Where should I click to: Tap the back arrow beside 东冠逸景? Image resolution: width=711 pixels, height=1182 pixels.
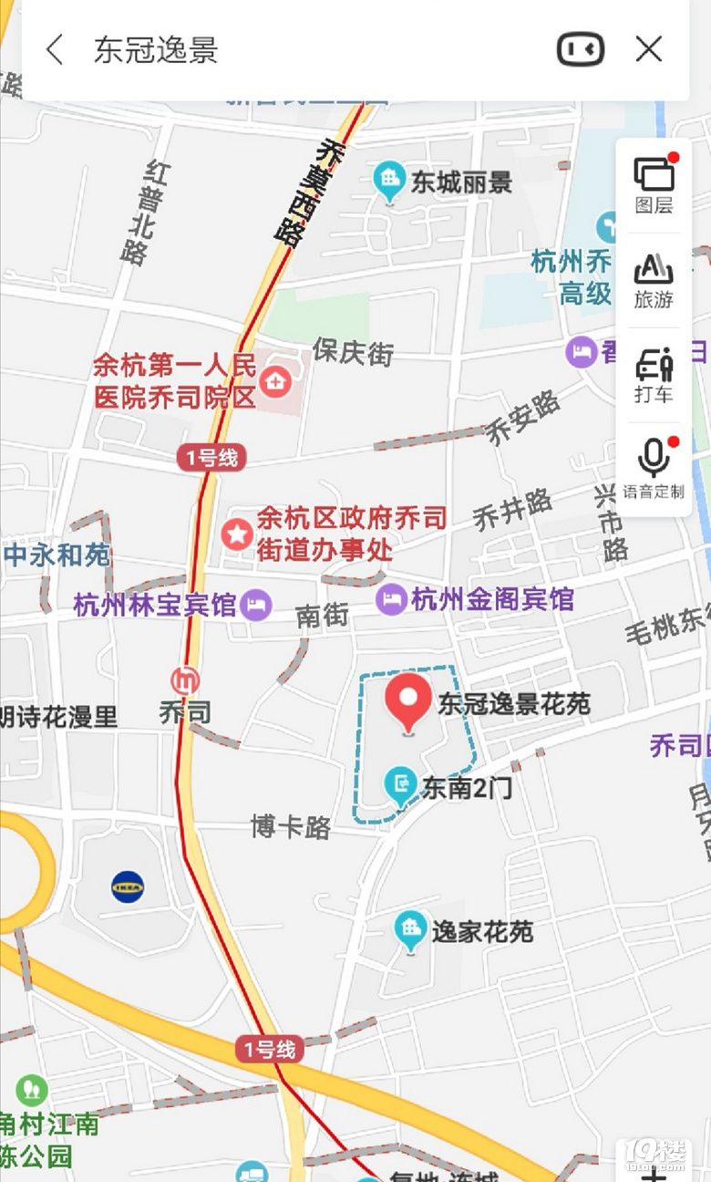(x=55, y=49)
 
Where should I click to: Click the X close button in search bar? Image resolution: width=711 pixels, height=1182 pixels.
(x=649, y=49)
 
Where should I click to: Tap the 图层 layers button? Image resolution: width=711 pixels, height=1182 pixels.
(x=654, y=184)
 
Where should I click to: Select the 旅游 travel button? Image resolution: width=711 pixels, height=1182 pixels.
(x=654, y=280)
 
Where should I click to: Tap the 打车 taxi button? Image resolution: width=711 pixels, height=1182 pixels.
(x=654, y=375)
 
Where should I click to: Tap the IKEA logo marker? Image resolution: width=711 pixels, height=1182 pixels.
(x=128, y=886)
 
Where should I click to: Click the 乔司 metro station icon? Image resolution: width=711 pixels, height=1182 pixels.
(x=186, y=680)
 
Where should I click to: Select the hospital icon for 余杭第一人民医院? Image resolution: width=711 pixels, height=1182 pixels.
(x=274, y=381)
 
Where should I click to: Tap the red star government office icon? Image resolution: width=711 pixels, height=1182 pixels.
(x=238, y=534)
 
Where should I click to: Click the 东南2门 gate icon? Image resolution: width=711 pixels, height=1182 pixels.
(x=400, y=783)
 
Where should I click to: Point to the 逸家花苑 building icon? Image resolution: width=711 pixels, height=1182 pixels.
(x=411, y=929)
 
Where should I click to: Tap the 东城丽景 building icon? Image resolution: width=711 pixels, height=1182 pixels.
(x=390, y=180)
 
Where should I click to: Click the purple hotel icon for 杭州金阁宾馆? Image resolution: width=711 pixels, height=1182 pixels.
(x=391, y=598)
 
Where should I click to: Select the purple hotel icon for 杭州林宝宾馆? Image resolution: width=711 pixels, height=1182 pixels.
(x=257, y=604)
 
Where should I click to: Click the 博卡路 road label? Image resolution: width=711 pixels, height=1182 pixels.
(x=291, y=826)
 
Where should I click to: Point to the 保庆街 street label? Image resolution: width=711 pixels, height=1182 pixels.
(x=353, y=352)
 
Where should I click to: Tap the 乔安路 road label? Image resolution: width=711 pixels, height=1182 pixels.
(x=522, y=419)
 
